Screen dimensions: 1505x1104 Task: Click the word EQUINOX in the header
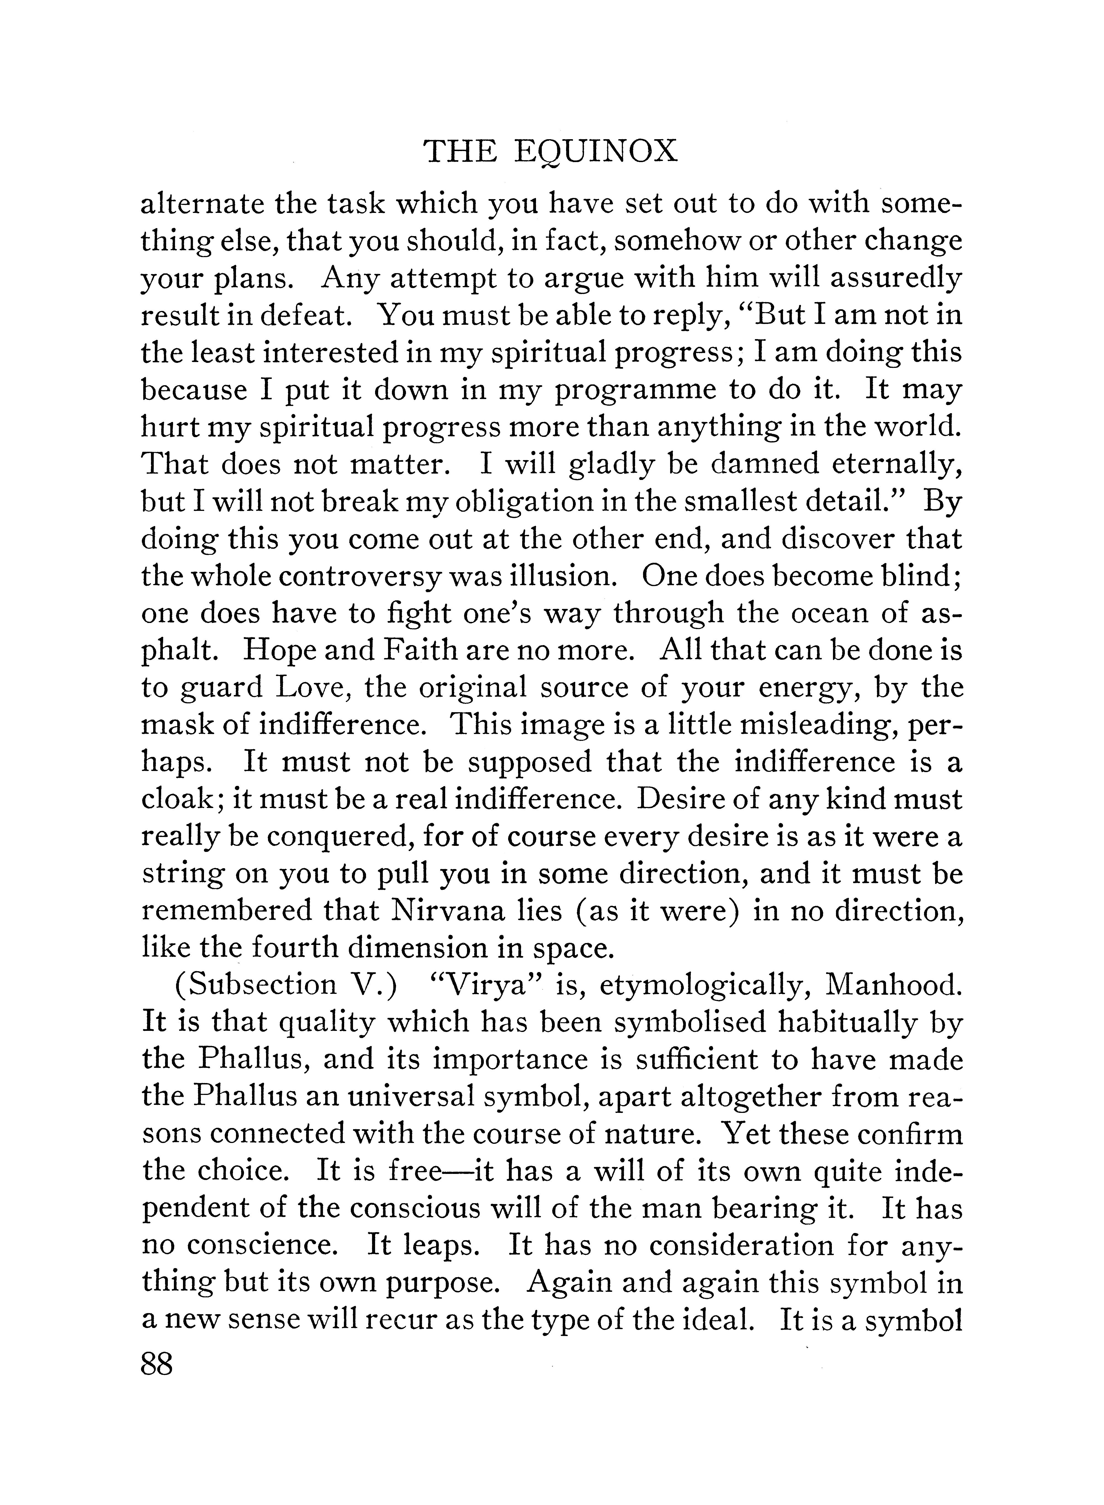pyautogui.click(x=597, y=153)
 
